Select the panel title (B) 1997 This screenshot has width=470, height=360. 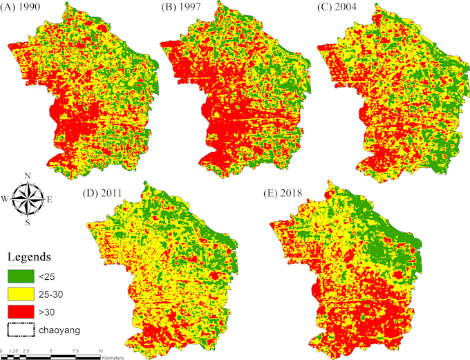pos(180,9)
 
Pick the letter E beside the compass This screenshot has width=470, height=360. pos(50,200)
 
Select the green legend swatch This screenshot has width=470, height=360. pos(21,276)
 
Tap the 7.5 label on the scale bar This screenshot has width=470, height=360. pos(76,351)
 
